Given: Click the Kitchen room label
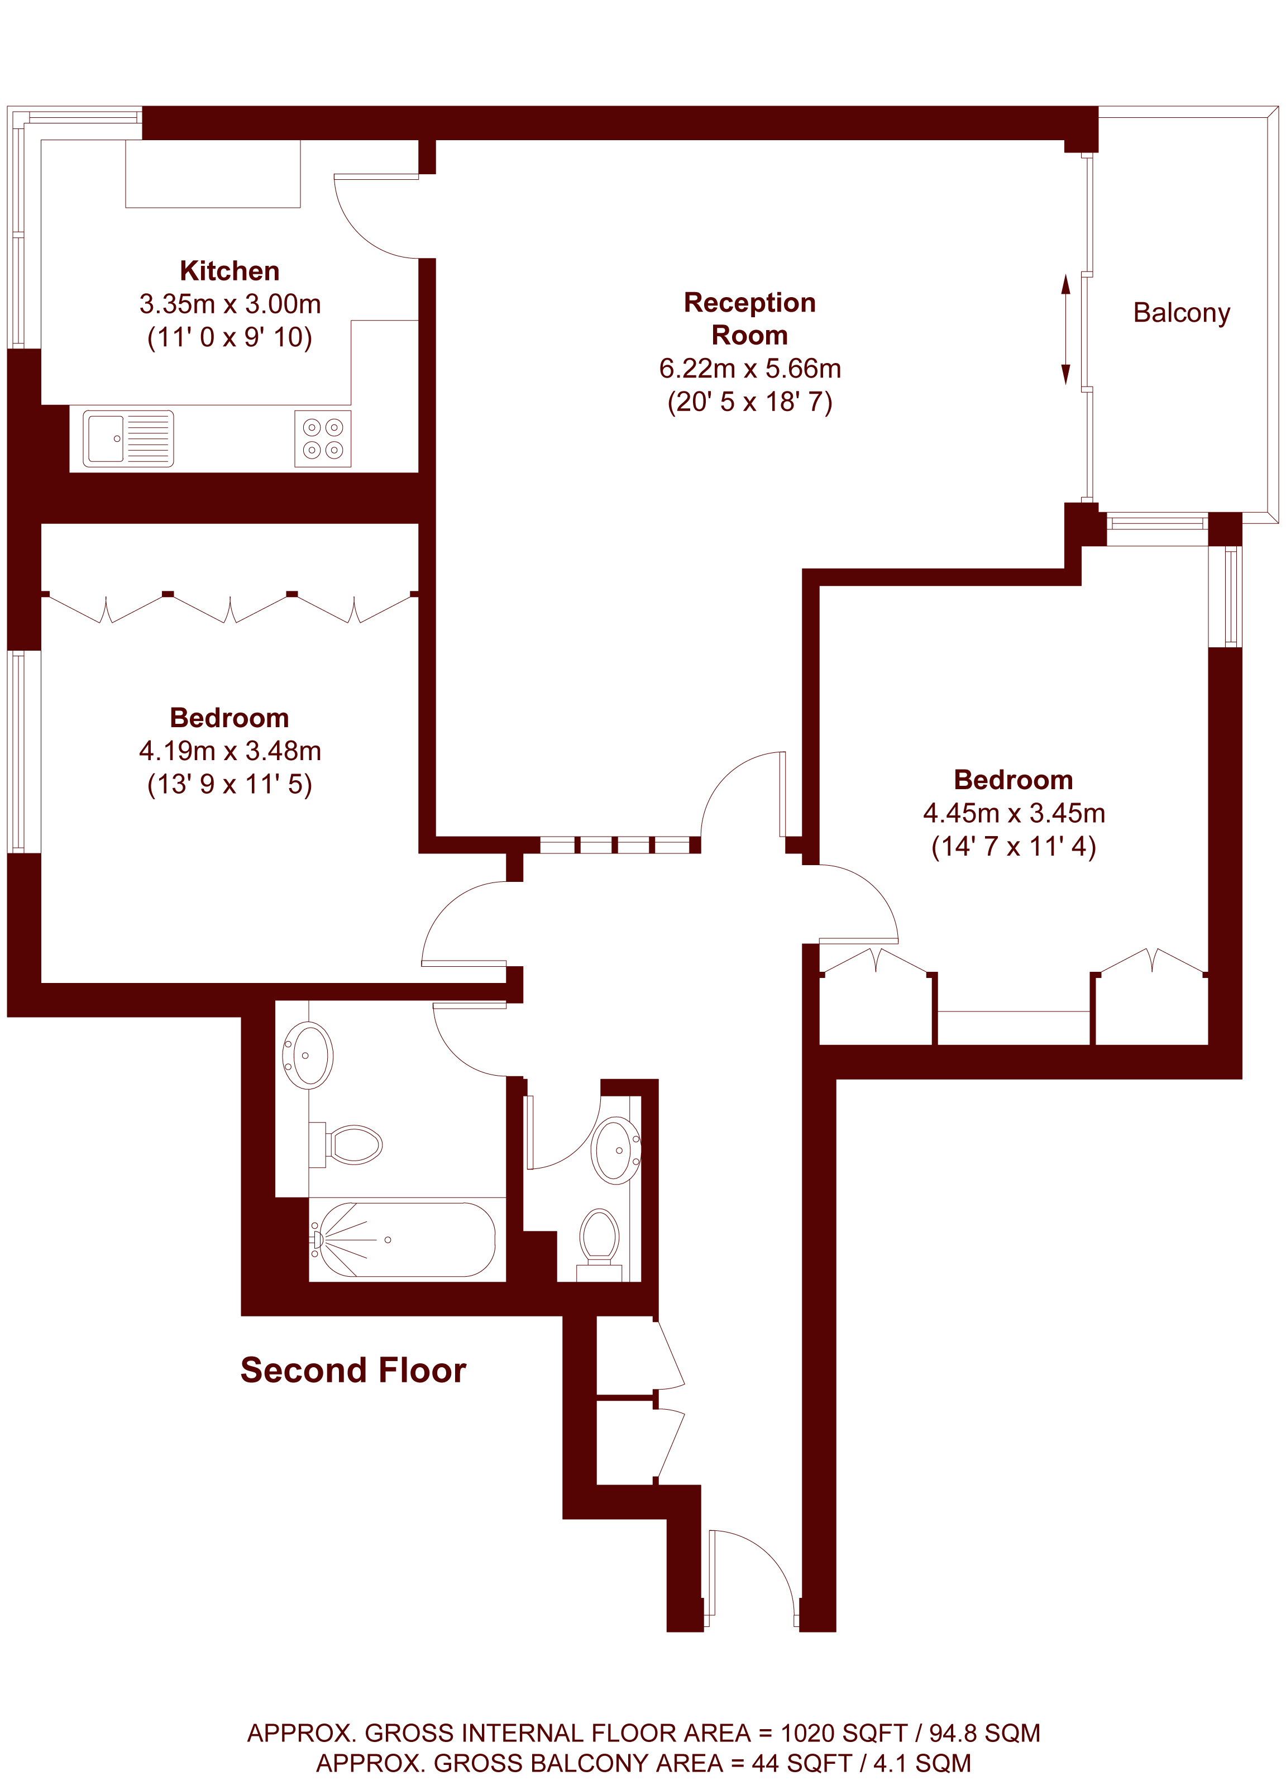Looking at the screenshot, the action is click(230, 271).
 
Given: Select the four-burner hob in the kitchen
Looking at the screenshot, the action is click(323, 438).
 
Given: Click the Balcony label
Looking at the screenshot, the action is click(1182, 313).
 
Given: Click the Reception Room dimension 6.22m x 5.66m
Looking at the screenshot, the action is click(750, 368).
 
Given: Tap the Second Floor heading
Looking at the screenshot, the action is click(353, 1370).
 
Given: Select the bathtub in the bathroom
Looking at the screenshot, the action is click(403, 1239).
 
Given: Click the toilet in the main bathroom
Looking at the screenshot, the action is click(346, 1144).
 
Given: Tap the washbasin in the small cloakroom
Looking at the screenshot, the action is click(616, 1151).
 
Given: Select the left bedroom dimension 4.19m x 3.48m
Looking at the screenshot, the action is click(230, 751).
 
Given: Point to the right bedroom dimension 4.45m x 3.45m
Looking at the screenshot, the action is click(1013, 813).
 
